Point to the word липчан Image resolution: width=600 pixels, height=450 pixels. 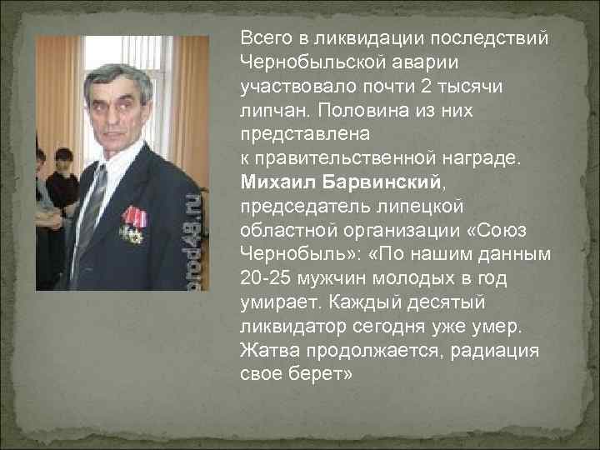point(268,110)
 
